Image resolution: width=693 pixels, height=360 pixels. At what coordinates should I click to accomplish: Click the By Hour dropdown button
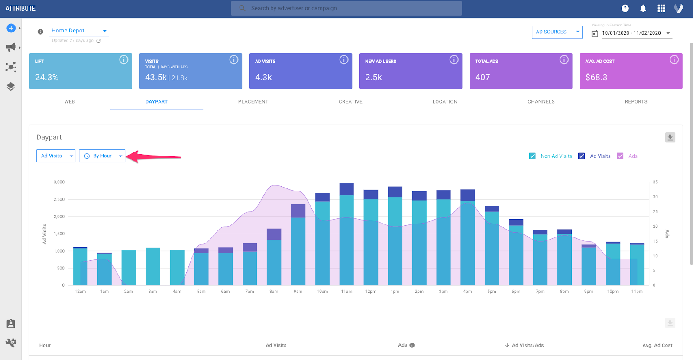click(x=102, y=156)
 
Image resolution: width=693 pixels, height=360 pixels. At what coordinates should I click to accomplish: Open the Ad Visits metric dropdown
click(x=56, y=156)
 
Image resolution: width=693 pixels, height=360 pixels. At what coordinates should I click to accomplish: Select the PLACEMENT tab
click(x=253, y=101)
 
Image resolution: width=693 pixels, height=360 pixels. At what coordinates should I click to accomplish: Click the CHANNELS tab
click(x=541, y=101)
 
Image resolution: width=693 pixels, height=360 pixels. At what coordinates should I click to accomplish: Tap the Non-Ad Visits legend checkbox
click(x=532, y=156)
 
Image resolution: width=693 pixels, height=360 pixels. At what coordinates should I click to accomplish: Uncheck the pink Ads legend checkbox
click(x=620, y=156)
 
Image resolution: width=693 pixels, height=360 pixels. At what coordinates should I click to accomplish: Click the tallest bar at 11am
click(x=346, y=234)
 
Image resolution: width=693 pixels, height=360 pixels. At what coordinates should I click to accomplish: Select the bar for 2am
click(x=129, y=268)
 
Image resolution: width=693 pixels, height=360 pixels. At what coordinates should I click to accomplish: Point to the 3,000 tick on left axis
click(x=59, y=182)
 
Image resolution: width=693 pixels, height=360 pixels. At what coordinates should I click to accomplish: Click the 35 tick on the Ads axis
click(x=655, y=182)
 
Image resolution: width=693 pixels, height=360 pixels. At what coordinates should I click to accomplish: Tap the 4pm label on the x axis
click(x=467, y=292)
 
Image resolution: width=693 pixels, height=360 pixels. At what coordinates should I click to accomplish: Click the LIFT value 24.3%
click(x=47, y=77)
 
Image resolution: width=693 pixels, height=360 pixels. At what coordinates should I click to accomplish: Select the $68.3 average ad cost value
click(x=596, y=77)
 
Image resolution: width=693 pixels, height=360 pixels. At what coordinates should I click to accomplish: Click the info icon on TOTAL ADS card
click(x=564, y=60)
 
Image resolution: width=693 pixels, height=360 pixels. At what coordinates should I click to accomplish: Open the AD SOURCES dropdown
click(x=557, y=32)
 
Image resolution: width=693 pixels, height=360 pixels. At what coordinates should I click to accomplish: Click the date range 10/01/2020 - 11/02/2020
click(x=631, y=33)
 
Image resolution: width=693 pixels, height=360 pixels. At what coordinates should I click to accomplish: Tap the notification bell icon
click(x=643, y=8)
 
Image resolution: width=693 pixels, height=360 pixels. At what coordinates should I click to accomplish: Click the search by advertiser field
click(x=346, y=8)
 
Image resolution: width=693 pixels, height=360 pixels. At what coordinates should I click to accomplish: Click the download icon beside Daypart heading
click(x=670, y=137)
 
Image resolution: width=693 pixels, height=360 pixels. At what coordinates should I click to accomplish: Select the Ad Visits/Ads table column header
click(x=527, y=345)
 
